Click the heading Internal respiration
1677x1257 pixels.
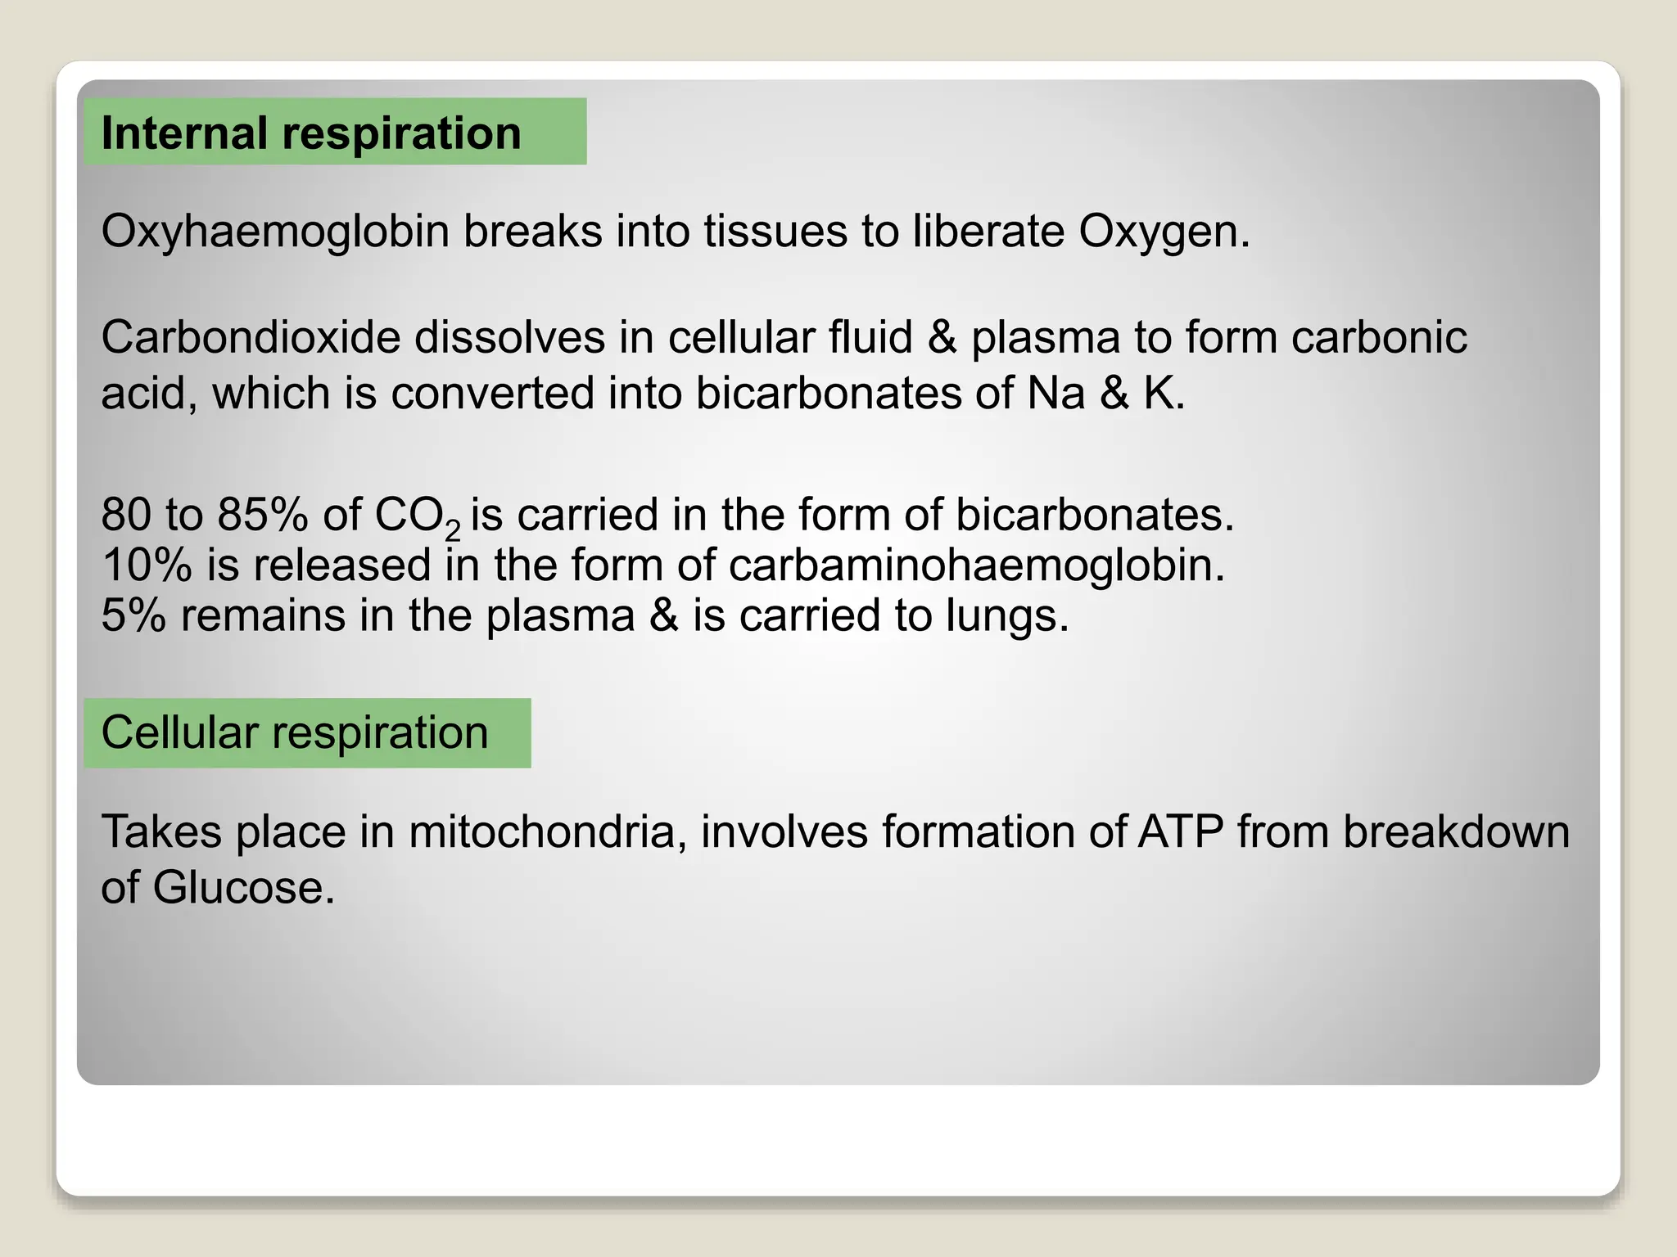311,133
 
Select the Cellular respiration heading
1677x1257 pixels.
295,732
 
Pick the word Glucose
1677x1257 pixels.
243,888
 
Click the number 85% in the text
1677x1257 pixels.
263,516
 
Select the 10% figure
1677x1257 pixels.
147,565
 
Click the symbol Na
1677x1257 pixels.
1055,394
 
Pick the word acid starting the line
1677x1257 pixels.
148,394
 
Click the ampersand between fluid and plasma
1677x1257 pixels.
942,338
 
